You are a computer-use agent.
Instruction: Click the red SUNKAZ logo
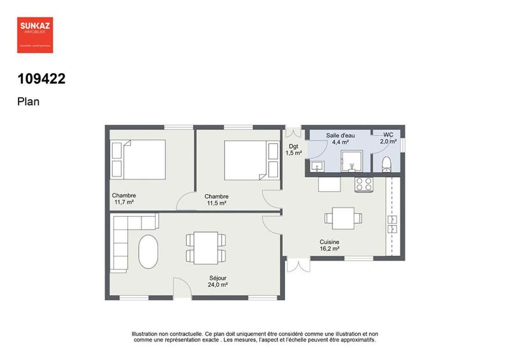coord(35,34)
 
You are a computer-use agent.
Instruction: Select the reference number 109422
coord(41,79)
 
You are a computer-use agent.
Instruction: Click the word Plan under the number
coord(28,101)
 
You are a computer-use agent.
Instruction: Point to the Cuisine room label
coord(330,246)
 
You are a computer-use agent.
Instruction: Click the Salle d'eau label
coord(340,139)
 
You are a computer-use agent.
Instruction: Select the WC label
coord(388,138)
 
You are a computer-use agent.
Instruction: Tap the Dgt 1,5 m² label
coord(293,150)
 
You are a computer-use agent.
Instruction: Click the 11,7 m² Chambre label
coord(124,199)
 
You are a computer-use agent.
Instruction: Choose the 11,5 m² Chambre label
coord(217,199)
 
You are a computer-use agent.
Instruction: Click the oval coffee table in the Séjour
coord(149,252)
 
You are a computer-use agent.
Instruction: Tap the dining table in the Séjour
coord(205,247)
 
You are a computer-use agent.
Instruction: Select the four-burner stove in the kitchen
coord(364,184)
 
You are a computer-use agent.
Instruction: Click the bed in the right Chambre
coord(246,159)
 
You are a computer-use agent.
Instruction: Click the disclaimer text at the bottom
coord(255,336)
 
